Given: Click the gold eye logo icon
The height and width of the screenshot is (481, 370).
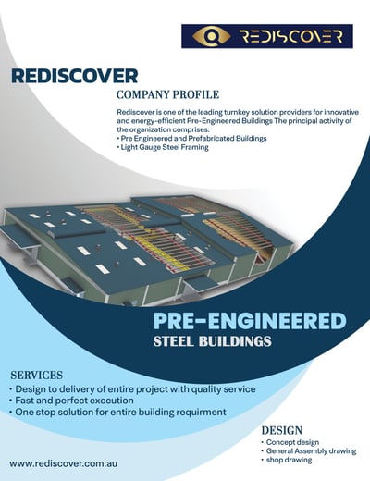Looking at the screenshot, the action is point(211,36).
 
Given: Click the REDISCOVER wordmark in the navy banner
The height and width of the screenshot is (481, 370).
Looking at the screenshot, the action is point(291,36).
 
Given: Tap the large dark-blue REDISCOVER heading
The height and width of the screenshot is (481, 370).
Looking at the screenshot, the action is point(74,76).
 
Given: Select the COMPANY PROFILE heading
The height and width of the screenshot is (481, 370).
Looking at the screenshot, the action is point(167,94).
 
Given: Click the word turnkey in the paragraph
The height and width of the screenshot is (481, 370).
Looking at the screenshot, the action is point(235,112).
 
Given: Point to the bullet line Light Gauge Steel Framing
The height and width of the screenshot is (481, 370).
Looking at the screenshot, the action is point(163,147).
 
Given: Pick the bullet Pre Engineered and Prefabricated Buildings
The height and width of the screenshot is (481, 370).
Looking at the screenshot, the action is point(191,138).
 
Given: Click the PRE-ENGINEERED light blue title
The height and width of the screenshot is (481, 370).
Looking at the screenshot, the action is point(250,321).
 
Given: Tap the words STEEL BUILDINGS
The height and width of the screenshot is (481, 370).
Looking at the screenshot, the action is point(213,341).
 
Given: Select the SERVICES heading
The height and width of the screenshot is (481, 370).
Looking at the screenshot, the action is point(36,376).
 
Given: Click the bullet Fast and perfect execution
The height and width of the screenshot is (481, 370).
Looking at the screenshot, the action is point(71,401).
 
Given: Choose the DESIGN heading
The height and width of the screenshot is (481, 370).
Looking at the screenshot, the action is point(282,430).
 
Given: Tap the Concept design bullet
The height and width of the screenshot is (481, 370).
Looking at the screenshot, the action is point(290,442).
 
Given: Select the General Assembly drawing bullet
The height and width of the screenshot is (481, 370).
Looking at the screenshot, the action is point(309,451).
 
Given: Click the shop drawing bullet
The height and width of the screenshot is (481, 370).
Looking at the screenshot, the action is point(287,460).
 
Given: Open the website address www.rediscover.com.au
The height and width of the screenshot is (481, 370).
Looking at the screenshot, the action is point(64,463).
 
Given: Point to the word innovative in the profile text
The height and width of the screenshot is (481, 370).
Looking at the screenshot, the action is point(343,112).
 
